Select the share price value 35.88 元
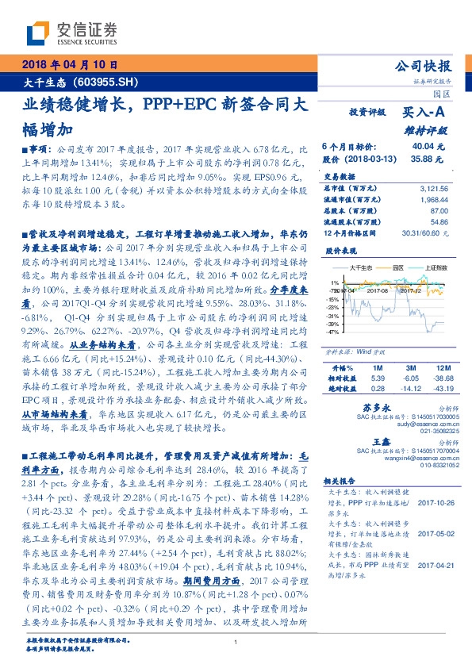pyautogui.click(x=428, y=159)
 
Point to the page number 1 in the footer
pyautogui.click(x=236, y=653)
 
